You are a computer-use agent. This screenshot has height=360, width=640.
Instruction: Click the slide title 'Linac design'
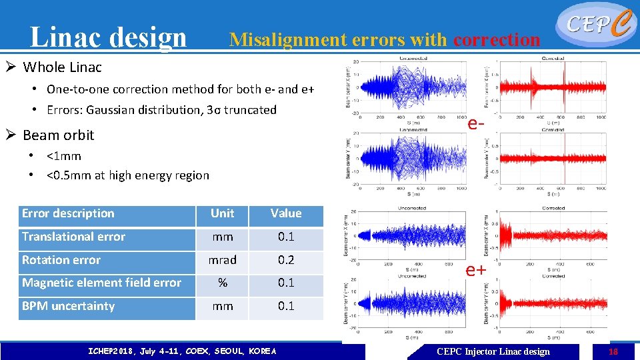pos(108,37)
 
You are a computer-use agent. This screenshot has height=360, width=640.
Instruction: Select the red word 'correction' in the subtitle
pos(497,40)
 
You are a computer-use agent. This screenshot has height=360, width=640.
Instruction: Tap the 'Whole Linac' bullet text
pos(62,67)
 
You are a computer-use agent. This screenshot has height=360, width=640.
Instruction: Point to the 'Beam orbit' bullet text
pos(58,135)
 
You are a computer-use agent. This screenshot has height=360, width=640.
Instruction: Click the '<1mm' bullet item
pos(64,156)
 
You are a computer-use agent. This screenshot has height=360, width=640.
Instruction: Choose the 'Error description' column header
pos(68,213)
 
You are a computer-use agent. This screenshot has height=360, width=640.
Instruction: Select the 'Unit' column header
pos(222,213)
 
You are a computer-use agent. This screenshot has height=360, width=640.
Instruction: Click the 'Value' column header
pos(286,213)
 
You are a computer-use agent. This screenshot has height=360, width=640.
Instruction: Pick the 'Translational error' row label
pos(73,237)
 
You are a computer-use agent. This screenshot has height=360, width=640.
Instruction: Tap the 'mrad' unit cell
pos(222,260)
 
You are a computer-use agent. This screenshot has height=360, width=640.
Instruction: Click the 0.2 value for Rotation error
pos(286,260)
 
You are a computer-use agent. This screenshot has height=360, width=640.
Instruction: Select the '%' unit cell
pos(222,283)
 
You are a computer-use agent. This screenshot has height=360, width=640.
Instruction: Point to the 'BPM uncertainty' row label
pos(68,306)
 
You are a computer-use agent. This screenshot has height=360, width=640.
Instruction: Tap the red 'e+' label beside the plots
pos(476,270)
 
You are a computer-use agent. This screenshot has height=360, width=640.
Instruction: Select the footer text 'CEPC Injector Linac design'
pos(493,351)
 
